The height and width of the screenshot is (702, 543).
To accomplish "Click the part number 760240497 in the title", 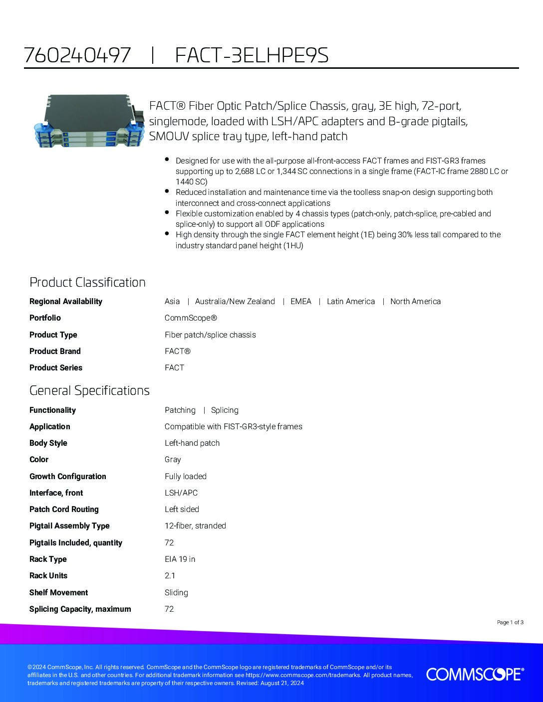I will click(x=77, y=55).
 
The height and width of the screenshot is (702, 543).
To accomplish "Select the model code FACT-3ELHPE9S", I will click(x=252, y=55).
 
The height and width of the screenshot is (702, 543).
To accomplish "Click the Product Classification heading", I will click(x=87, y=282).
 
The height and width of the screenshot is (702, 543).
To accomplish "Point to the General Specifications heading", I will click(x=89, y=390).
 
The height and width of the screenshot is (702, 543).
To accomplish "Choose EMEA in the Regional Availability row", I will click(x=300, y=301).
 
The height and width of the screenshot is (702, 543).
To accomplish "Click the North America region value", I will click(x=415, y=301).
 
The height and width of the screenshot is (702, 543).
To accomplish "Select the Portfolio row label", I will click(x=45, y=318).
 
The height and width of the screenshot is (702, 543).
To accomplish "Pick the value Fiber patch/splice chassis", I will click(x=210, y=335).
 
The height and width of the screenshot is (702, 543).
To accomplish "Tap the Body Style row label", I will click(x=48, y=443).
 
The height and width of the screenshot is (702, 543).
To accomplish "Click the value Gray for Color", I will click(x=173, y=459).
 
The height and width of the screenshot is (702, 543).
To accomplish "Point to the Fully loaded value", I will click(x=186, y=476).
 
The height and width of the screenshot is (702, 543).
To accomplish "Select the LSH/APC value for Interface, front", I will click(x=181, y=493).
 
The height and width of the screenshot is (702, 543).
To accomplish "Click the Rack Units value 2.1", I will click(x=170, y=575).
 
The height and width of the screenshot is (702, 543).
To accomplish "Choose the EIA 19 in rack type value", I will click(x=180, y=559).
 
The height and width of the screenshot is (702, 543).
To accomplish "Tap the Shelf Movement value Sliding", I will click(x=176, y=592).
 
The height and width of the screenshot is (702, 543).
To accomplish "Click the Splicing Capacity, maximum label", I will click(x=80, y=609).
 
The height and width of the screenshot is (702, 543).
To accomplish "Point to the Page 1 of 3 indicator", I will click(x=510, y=622).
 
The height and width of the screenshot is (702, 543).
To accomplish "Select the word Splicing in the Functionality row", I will click(x=225, y=410).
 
